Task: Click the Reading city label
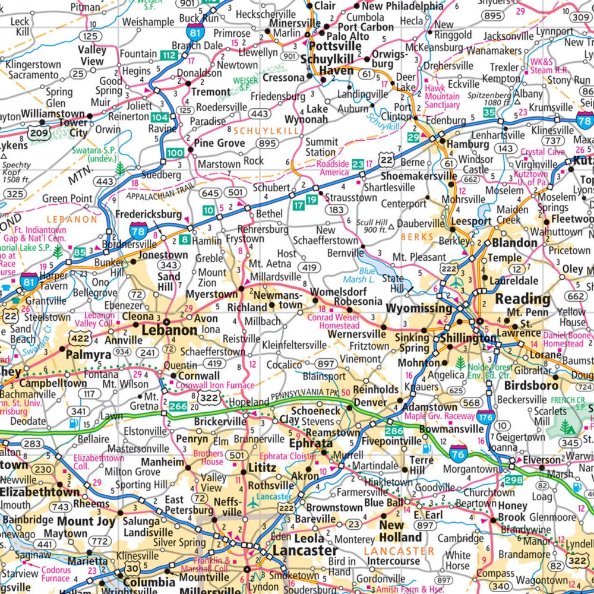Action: pyautogui.click(x=523, y=298)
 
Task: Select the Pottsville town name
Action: pyautogui.click(x=327, y=46)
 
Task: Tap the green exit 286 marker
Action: pyautogui.click(x=394, y=430)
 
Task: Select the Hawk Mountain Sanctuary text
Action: pyautogui.click(x=443, y=96)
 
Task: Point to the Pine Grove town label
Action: pyautogui.click(x=220, y=143)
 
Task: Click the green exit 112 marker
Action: pyautogui.click(x=169, y=55)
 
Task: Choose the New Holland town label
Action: pyautogui.click(x=400, y=531)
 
